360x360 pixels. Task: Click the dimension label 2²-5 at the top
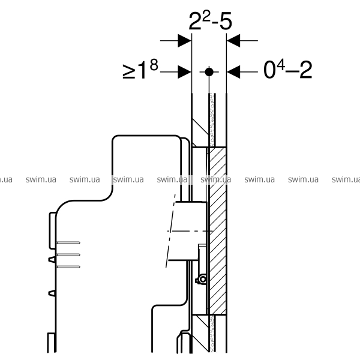click(210, 21)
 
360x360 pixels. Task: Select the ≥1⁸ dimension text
click(140, 69)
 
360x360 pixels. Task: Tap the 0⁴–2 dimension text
click(288, 69)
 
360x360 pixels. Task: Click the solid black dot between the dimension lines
click(209, 72)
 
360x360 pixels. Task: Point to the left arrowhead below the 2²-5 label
click(185, 41)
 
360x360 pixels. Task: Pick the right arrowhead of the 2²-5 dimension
click(233, 41)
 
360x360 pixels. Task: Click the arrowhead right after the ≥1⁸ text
click(185, 72)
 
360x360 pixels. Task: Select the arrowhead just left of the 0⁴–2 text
click(233, 72)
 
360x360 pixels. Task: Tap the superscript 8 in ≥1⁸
click(154, 65)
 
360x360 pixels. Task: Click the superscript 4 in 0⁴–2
click(281, 65)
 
